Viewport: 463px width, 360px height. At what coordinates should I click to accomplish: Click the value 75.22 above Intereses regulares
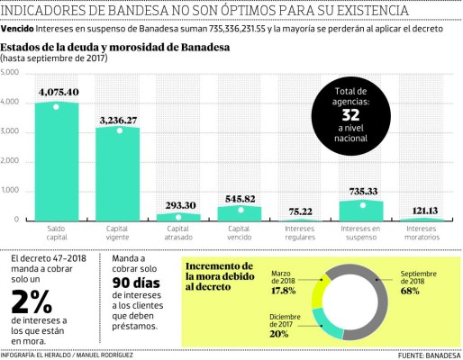(x=301, y=212)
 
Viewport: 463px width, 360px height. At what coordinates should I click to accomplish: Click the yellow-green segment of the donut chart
(x=318, y=292)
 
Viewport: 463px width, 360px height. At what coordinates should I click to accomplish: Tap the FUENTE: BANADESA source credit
(x=428, y=355)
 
